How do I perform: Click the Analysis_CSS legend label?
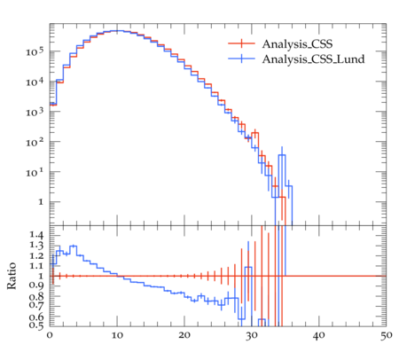click(297, 44)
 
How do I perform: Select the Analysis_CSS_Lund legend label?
click(313, 59)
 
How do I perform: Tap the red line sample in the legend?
click(241, 43)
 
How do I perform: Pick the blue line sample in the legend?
click(241, 59)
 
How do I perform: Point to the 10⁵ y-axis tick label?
click(35, 51)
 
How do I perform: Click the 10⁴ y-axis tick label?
click(35, 82)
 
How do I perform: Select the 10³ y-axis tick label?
click(35, 112)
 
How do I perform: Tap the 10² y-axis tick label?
click(35, 142)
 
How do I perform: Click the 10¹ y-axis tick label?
click(35, 172)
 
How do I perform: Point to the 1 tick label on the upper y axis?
click(41, 202)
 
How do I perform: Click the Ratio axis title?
click(12, 276)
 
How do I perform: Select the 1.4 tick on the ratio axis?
click(36, 235)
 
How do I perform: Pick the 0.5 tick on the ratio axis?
click(36, 325)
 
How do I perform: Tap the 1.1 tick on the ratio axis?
click(36, 266)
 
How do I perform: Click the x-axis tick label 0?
click(50, 335)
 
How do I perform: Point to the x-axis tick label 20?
click(184, 335)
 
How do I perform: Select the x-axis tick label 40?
click(319, 335)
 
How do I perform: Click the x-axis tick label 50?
click(387, 335)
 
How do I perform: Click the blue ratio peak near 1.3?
click(73, 246)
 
